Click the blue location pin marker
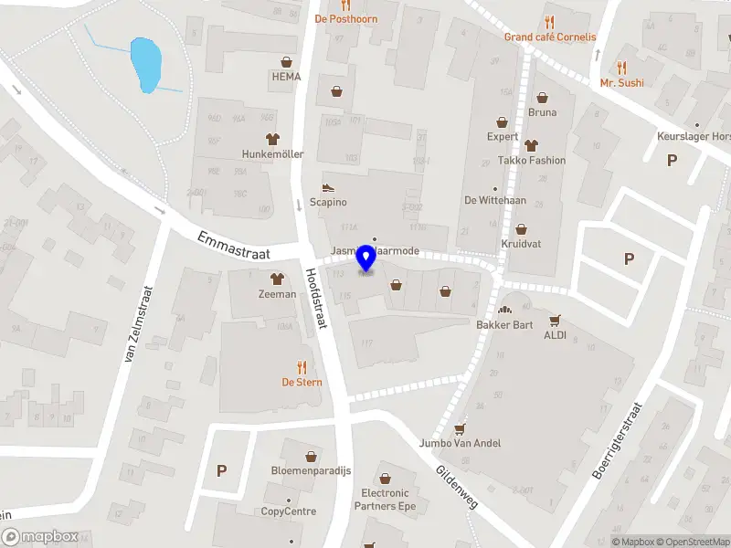(x=366, y=258)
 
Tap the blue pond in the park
(x=146, y=63)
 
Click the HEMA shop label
(x=286, y=77)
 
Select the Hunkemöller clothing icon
(x=272, y=139)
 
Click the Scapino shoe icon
(x=328, y=186)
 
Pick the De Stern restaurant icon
(x=302, y=367)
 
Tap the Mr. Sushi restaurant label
(x=621, y=82)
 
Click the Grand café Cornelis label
(x=550, y=37)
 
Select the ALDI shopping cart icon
(x=555, y=321)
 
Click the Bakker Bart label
(x=503, y=324)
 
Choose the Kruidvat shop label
(x=521, y=244)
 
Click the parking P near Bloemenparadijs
(x=221, y=470)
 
